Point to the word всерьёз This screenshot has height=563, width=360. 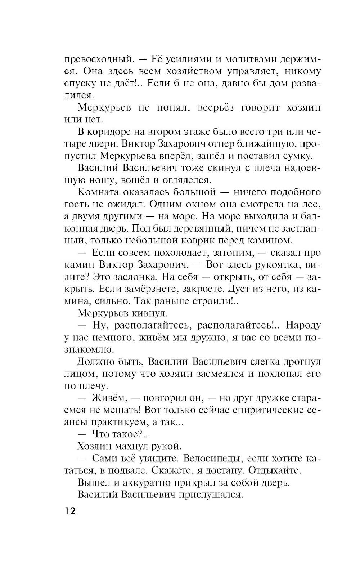point(220,108)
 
